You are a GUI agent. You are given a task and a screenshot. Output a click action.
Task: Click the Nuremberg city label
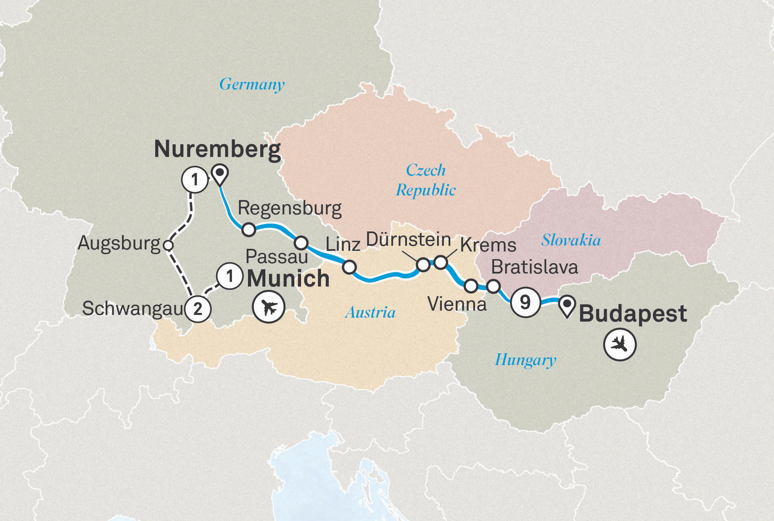[x=217, y=150]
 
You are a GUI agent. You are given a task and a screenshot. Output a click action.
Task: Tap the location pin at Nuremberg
[x=220, y=174]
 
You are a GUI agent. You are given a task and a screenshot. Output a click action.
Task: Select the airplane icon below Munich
[x=269, y=307]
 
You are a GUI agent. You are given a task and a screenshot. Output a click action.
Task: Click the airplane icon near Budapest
[x=620, y=345]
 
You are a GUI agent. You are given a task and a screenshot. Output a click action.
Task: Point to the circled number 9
[x=525, y=302]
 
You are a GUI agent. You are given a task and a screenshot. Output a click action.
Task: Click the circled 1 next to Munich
[x=229, y=277]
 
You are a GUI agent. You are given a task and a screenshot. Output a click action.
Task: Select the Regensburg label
[x=289, y=209]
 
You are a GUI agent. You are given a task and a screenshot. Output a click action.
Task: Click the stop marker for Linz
[x=349, y=267]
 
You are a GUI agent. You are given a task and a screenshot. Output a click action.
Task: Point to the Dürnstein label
[x=408, y=240]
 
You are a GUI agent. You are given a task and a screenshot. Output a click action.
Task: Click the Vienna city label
[x=457, y=304]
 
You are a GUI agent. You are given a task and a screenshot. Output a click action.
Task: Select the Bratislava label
[x=534, y=268]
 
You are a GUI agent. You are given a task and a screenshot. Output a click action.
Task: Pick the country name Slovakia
[x=571, y=240]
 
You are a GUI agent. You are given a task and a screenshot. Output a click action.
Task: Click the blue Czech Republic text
[x=426, y=180]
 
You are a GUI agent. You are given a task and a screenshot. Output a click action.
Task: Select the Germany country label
[x=252, y=84]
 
